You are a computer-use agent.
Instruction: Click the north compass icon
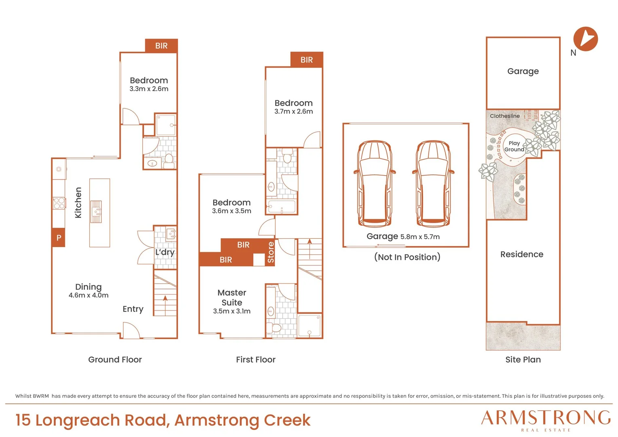(x=586, y=39)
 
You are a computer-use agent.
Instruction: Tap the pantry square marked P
(x=59, y=238)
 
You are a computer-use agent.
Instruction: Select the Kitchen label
(x=78, y=203)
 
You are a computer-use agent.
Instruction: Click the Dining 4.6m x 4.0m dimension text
(x=89, y=295)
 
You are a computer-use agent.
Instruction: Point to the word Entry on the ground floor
(x=133, y=309)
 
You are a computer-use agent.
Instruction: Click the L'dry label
(x=165, y=252)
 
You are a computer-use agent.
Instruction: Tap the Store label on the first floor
(x=271, y=252)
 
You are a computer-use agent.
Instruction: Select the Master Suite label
(x=232, y=297)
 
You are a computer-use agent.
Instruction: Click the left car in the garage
(x=375, y=184)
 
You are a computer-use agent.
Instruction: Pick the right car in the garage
(x=433, y=184)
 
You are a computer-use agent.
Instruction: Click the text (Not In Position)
(x=407, y=257)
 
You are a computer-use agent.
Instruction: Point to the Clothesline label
(x=505, y=116)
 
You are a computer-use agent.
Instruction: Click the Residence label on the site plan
(x=522, y=254)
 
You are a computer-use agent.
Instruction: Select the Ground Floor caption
(x=115, y=359)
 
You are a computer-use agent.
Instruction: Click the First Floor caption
(x=256, y=359)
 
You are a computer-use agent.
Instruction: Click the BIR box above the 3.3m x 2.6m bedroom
(x=161, y=46)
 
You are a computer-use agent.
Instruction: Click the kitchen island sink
(x=96, y=212)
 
